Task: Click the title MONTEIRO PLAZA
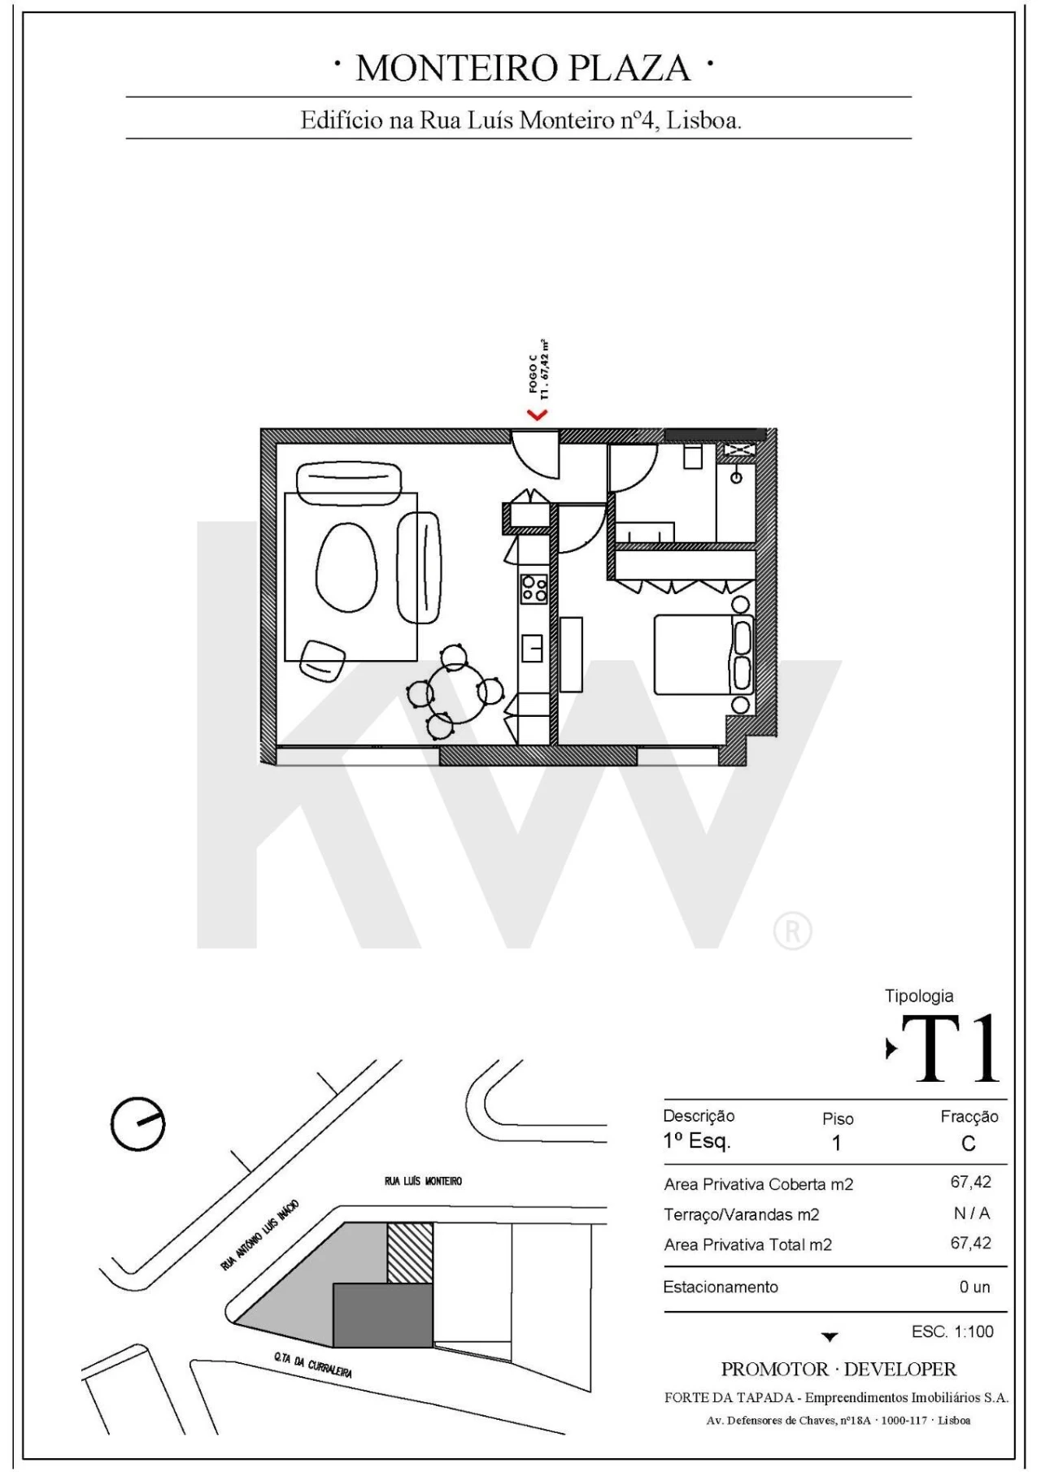pos(523,68)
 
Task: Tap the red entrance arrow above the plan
pos(538,415)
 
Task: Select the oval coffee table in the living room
pos(346,565)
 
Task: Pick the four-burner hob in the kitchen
pos(534,588)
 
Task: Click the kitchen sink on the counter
pos(534,647)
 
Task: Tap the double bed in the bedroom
pos(701,654)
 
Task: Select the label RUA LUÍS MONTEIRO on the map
pos(423,1180)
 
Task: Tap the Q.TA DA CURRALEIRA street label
pos(313,1365)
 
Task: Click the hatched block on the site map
pos(409,1253)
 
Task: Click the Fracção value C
pos(968,1144)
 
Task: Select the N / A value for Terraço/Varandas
pos(972,1214)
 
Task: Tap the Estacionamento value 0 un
pos(974,1287)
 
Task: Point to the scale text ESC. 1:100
pos(952,1332)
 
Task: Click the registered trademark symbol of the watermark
pos(792,931)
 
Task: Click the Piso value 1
pos(836,1144)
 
